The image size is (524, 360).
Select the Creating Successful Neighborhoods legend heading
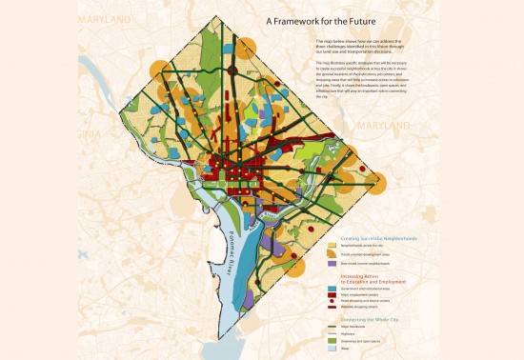click(378, 238)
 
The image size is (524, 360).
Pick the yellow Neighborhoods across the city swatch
click(332, 246)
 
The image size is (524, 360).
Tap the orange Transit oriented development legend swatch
click(332, 253)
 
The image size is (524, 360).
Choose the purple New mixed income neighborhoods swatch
click(332, 263)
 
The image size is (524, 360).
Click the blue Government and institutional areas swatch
click(332, 289)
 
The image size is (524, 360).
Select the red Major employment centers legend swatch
click(332, 294)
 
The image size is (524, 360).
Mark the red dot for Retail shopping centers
click(332, 301)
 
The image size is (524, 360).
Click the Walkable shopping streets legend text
click(356, 307)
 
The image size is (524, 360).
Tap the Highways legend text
click(349, 333)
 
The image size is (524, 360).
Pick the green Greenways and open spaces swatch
click(332, 341)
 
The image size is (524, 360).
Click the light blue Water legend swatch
click(332, 349)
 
